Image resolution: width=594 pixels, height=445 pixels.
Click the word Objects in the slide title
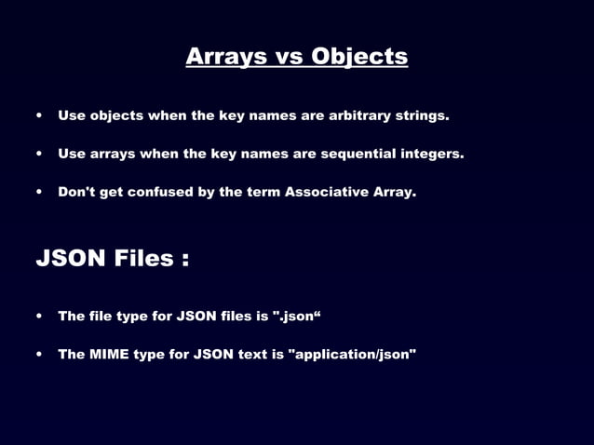pyautogui.click(x=359, y=57)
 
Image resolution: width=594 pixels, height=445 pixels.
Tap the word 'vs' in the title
pyautogui.click(x=290, y=57)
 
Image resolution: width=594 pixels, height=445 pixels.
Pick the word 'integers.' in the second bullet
pyautogui.click(x=432, y=154)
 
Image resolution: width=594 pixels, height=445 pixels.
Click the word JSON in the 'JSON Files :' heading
pyautogui.click(x=70, y=258)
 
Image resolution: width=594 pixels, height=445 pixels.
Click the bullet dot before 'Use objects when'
pyautogui.click(x=39, y=117)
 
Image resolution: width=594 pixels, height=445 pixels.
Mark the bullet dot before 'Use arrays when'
pyautogui.click(x=39, y=155)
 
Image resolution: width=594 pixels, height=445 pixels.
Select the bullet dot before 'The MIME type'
pyautogui.click(x=39, y=356)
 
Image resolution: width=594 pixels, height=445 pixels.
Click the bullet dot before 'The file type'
pyautogui.click(x=39, y=317)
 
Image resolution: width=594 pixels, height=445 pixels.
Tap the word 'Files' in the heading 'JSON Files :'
pyautogui.click(x=142, y=258)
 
